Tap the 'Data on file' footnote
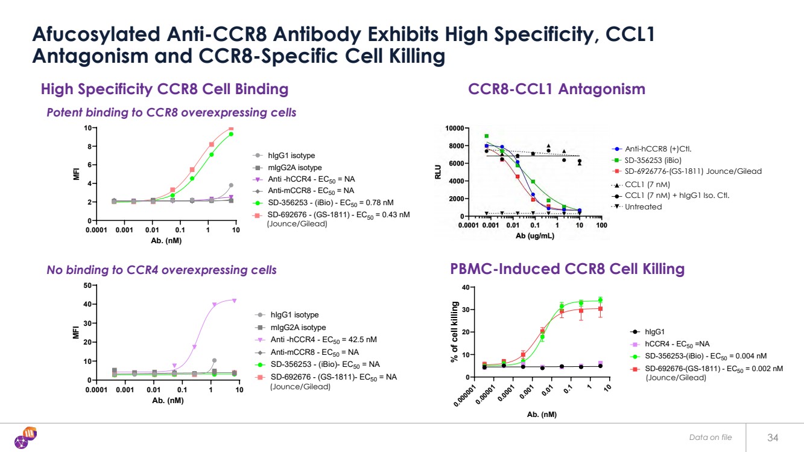(711, 437)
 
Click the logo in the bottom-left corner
(27, 437)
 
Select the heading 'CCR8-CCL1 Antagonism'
(556, 89)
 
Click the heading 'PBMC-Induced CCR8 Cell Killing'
(567, 269)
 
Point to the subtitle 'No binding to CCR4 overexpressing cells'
(162, 270)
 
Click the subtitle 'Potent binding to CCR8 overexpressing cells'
(171, 113)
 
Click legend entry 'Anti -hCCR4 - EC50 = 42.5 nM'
(312, 340)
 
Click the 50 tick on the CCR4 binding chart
(89, 285)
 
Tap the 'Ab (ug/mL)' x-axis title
(534, 236)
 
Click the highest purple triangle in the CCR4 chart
(234, 301)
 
